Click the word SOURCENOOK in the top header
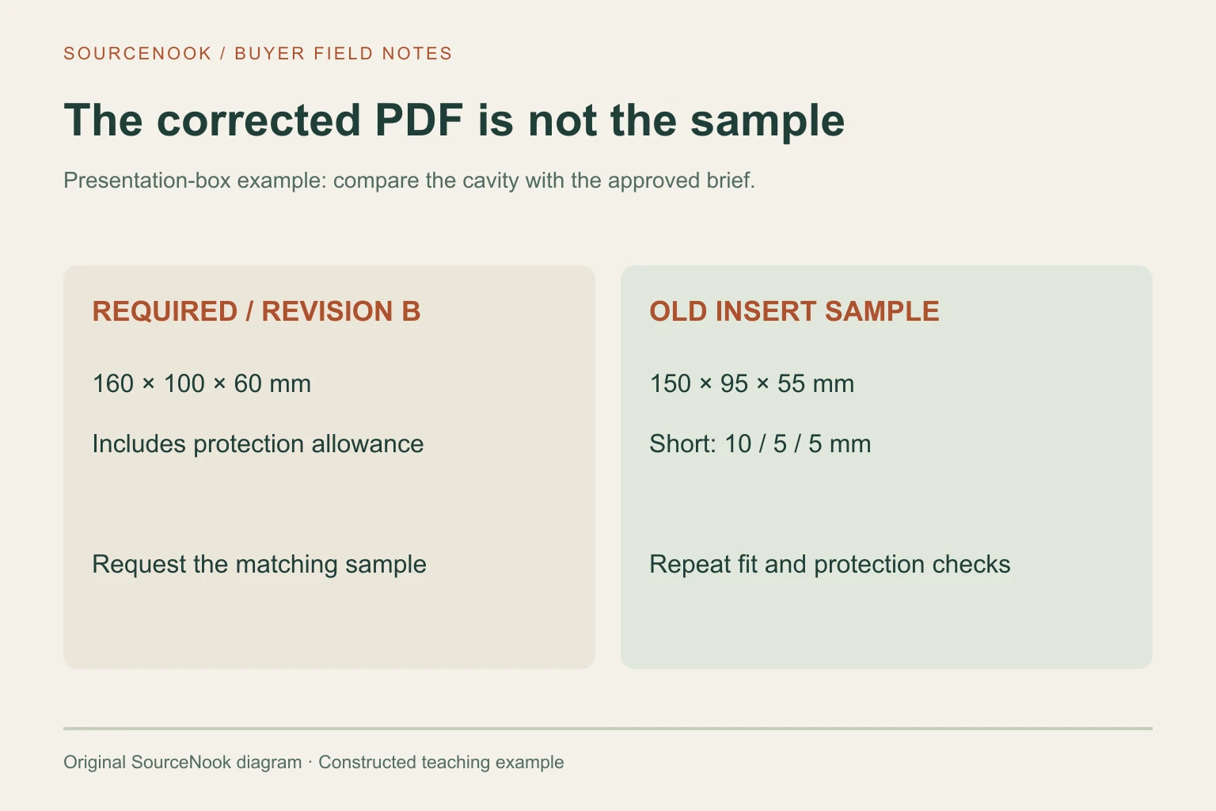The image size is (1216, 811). click(x=137, y=53)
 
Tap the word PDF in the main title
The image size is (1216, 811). click(x=419, y=120)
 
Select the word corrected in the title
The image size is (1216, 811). click(x=258, y=120)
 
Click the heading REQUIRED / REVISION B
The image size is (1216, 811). click(x=256, y=311)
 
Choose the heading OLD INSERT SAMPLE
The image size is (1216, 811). click(x=794, y=311)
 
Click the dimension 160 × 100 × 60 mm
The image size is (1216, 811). click(x=201, y=383)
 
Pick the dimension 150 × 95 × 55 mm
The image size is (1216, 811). click(x=752, y=383)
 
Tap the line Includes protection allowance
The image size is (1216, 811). click(x=258, y=444)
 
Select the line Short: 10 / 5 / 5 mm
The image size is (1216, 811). click(x=760, y=444)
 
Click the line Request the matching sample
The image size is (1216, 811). click(x=259, y=565)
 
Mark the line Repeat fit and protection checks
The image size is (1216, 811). click(x=830, y=565)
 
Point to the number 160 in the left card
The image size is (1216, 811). click(x=113, y=383)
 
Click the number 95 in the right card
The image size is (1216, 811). click(x=734, y=383)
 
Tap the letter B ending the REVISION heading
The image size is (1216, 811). click(x=411, y=311)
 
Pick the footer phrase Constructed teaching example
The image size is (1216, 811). click(x=441, y=762)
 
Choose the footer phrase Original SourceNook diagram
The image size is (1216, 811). click(x=182, y=762)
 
